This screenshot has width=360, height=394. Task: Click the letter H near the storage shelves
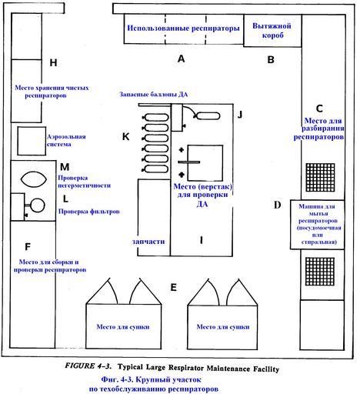pyautogui.click(x=53, y=62)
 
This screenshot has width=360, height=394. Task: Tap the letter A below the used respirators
pyautogui.click(x=181, y=58)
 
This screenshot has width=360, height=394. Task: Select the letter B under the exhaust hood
pyautogui.click(x=271, y=59)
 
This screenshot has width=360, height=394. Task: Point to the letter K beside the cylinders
pyautogui.click(x=125, y=137)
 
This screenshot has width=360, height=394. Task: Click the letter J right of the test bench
pyautogui.click(x=240, y=115)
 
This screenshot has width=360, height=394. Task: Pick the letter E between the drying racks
pyautogui.click(x=174, y=287)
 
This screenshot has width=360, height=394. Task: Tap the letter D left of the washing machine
pyautogui.click(x=278, y=205)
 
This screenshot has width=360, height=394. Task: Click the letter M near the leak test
pyautogui.click(x=65, y=167)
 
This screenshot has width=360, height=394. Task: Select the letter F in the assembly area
pyautogui.click(x=28, y=247)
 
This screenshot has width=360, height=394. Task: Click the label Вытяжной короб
pyautogui.click(x=272, y=30)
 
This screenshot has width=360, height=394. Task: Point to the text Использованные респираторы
pyautogui.click(x=183, y=28)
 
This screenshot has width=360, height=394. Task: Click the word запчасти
pyautogui.click(x=148, y=242)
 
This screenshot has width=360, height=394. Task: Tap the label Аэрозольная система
pyautogui.click(x=66, y=140)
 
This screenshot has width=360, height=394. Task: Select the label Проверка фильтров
pyautogui.click(x=89, y=212)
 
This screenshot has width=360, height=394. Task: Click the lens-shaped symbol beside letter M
pyautogui.click(x=34, y=179)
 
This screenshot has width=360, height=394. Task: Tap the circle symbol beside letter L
pyautogui.click(x=38, y=205)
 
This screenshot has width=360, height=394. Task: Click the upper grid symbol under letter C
pyautogui.click(x=320, y=177)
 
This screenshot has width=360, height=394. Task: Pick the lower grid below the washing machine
pyautogui.click(x=320, y=272)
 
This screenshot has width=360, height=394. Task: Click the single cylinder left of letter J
pyautogui.click(x=208, y=116)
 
